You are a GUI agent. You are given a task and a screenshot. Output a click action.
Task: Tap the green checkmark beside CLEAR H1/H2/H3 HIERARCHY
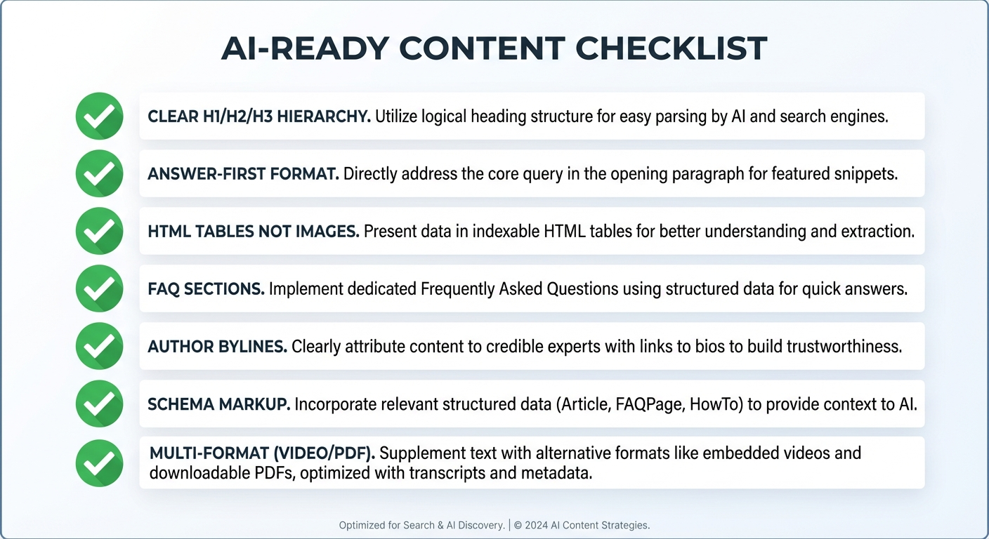[x=99, y=116]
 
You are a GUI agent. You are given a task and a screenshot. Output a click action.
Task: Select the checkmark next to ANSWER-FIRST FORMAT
[x=99, y=173]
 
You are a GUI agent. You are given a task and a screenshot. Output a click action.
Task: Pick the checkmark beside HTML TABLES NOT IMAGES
[x=99, y=231]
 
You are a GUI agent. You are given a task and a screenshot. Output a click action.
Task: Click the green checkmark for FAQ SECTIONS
[x=99, y=288]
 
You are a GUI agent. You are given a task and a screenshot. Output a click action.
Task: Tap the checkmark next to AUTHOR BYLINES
[x=99, y=346]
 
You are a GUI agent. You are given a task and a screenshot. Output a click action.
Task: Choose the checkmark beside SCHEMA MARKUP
[x=99, y=404]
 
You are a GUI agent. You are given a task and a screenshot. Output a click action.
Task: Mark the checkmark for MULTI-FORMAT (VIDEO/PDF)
[x=99, y=463]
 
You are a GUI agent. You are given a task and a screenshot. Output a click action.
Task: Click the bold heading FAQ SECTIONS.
[x=206, y=288]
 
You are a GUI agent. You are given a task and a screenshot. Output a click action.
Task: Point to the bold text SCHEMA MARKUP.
[x=218, y=404]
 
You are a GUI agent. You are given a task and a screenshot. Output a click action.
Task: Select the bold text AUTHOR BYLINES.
[x=217, y=346]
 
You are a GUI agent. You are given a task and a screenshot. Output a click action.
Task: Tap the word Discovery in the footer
[x=479, y=525]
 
